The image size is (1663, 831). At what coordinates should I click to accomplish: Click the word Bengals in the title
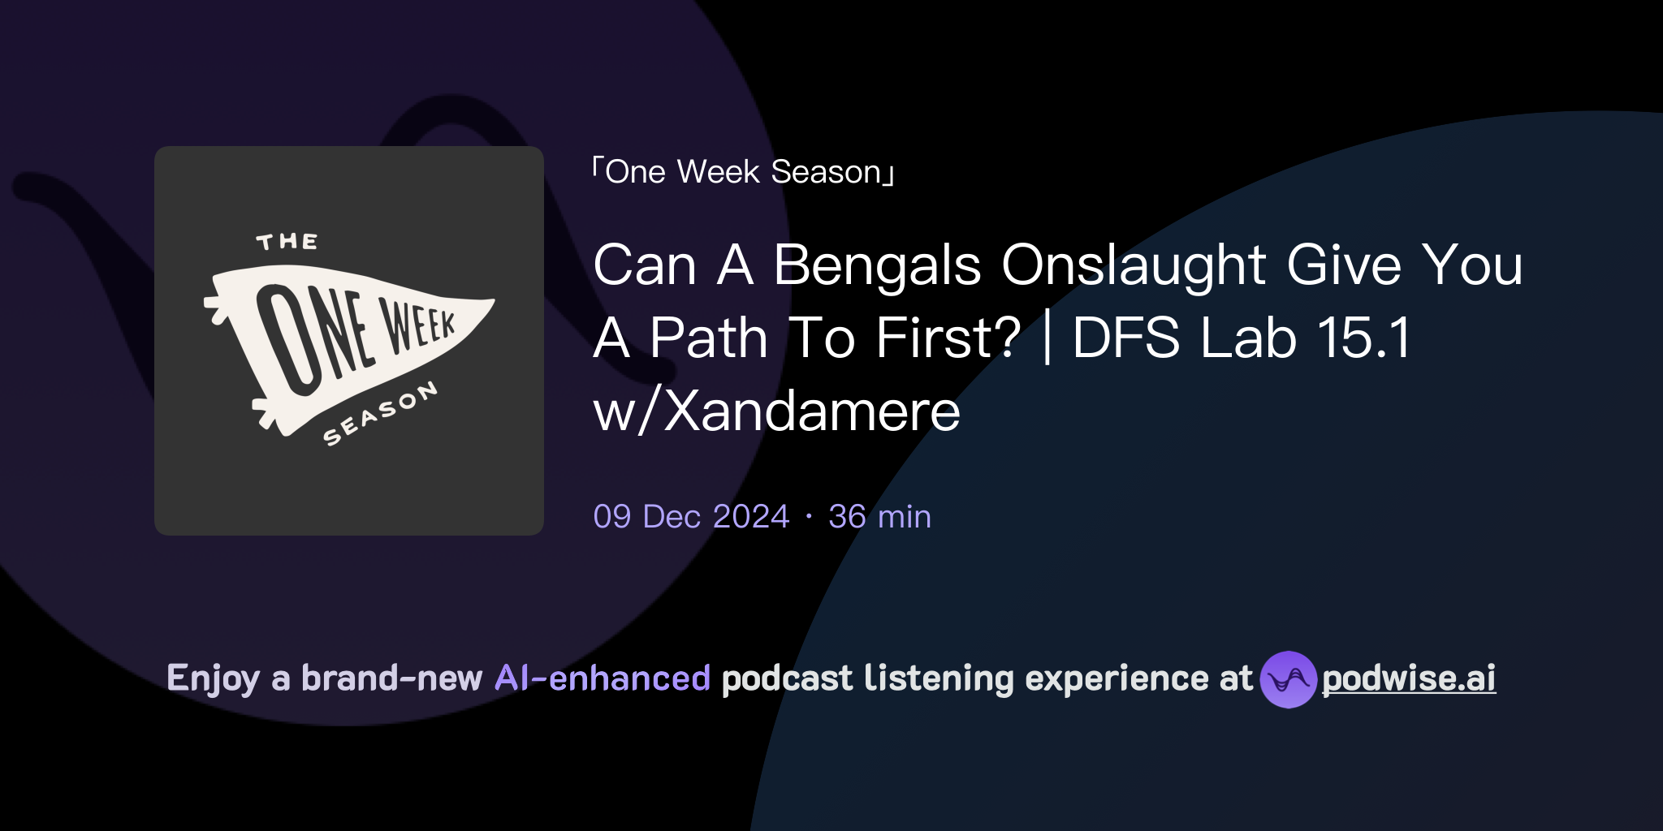click(877, 266)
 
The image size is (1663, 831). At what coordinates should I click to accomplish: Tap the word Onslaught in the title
click(1134, 266)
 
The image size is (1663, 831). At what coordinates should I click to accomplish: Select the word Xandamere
click(812, 411)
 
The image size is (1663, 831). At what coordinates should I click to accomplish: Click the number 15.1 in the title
click(1364, 338)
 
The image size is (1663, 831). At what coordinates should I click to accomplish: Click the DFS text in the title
click(1125, 338)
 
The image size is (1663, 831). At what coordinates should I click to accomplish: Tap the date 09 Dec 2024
click(691, 517)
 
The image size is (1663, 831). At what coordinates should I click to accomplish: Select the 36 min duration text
click(879, 517)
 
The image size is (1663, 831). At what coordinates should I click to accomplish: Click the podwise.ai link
click(1409, 678)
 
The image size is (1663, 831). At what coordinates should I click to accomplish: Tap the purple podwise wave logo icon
click(1288, 679)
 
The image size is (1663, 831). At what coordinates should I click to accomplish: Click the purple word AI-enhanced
click(603, 678)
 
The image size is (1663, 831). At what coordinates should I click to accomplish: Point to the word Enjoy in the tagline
click(213, 678)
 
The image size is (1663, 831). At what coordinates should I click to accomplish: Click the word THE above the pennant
click(287, 242)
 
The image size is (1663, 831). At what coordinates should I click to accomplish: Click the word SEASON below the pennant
click(380, 414)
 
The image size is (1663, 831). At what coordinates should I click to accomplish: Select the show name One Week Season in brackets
click(743, 172)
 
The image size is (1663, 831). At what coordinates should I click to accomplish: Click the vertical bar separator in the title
click(1047, 338)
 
